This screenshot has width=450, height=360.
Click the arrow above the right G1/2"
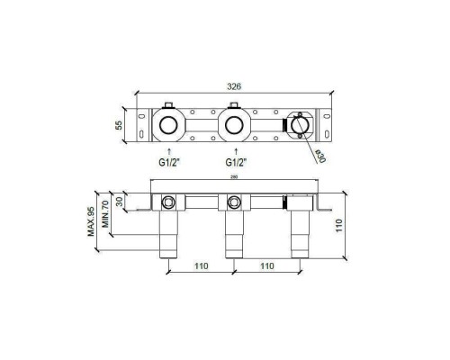234,149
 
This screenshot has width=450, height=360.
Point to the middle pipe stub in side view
234,236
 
